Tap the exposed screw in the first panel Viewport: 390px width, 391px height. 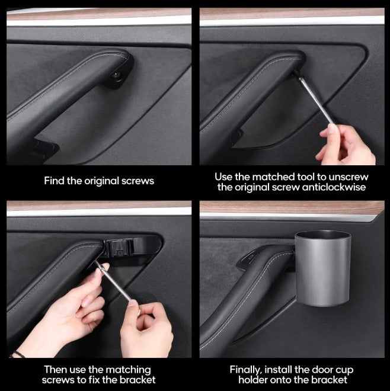click(x=117, y=75)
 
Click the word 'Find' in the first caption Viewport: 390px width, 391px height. click(x=55, y=181)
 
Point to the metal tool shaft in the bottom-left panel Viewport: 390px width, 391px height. click(x=118, y=291)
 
